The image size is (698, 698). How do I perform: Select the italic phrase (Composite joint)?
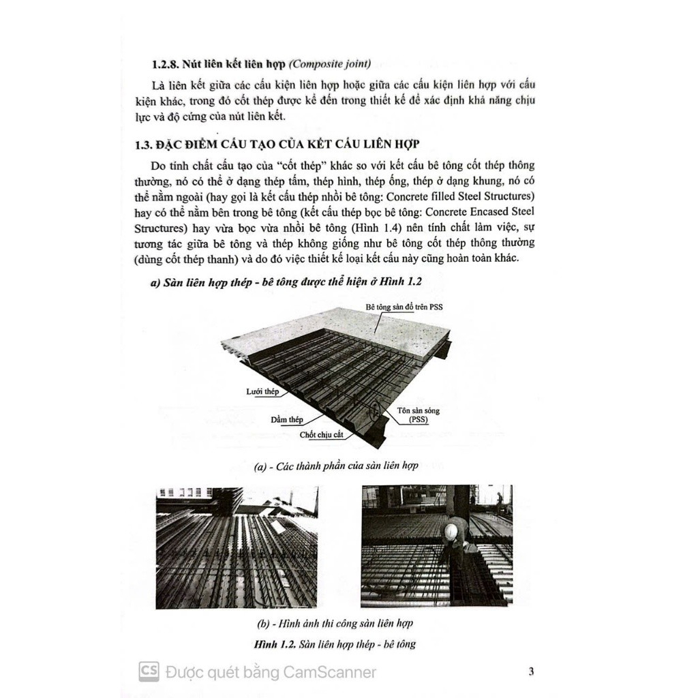[x=330, y=65]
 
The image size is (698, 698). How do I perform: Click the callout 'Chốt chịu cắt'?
[x=324, y=434]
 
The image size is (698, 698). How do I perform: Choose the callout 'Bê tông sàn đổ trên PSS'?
[x=404, y=307]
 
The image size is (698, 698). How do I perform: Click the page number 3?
[x=531, y=671]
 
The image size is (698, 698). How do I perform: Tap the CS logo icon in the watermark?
[x=149, y=671]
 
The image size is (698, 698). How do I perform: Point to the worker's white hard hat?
[x=451, y=530]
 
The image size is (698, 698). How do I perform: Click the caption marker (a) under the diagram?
[x=260, y=467]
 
